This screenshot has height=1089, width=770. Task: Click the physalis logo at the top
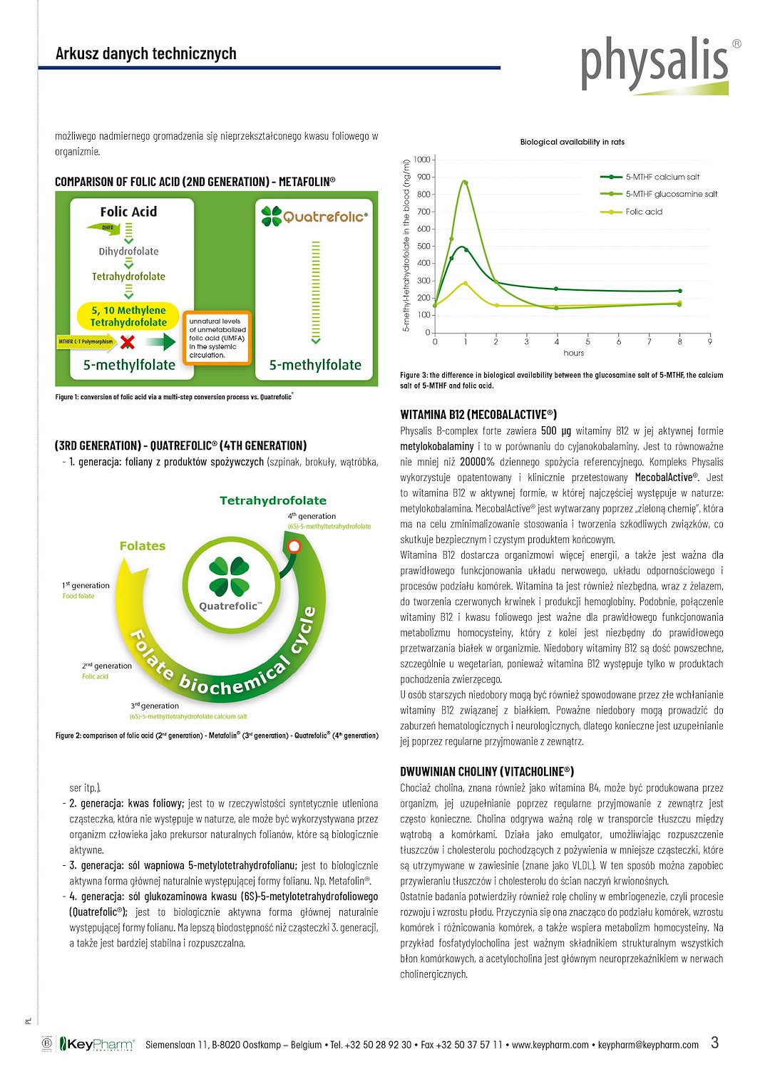point(654,64)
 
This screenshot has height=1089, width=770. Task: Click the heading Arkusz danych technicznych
point(145,53)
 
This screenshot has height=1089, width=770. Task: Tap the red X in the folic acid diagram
point(128,342)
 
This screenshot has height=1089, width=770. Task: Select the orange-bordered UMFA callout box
point(217,338)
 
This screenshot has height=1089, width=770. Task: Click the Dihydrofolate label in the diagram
point(128,252)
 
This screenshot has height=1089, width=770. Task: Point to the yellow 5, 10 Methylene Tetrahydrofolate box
point(128,316)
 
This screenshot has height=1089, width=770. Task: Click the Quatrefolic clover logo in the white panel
point(272,216)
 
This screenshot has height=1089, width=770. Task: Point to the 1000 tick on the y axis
point(422,160)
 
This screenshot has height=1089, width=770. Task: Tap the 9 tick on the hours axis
point(710,342)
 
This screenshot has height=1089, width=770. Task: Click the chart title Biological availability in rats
point(572,142)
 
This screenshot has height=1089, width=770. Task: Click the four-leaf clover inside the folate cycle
point(230,577)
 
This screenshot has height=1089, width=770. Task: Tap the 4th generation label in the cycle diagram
point(312,516)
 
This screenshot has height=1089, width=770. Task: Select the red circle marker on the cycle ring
point(294,547)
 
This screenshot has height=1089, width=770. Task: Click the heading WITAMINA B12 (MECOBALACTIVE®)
point(478,414)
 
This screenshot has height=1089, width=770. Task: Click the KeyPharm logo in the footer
point(97,1044)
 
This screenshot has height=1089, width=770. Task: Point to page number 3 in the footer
point(714,1043)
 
